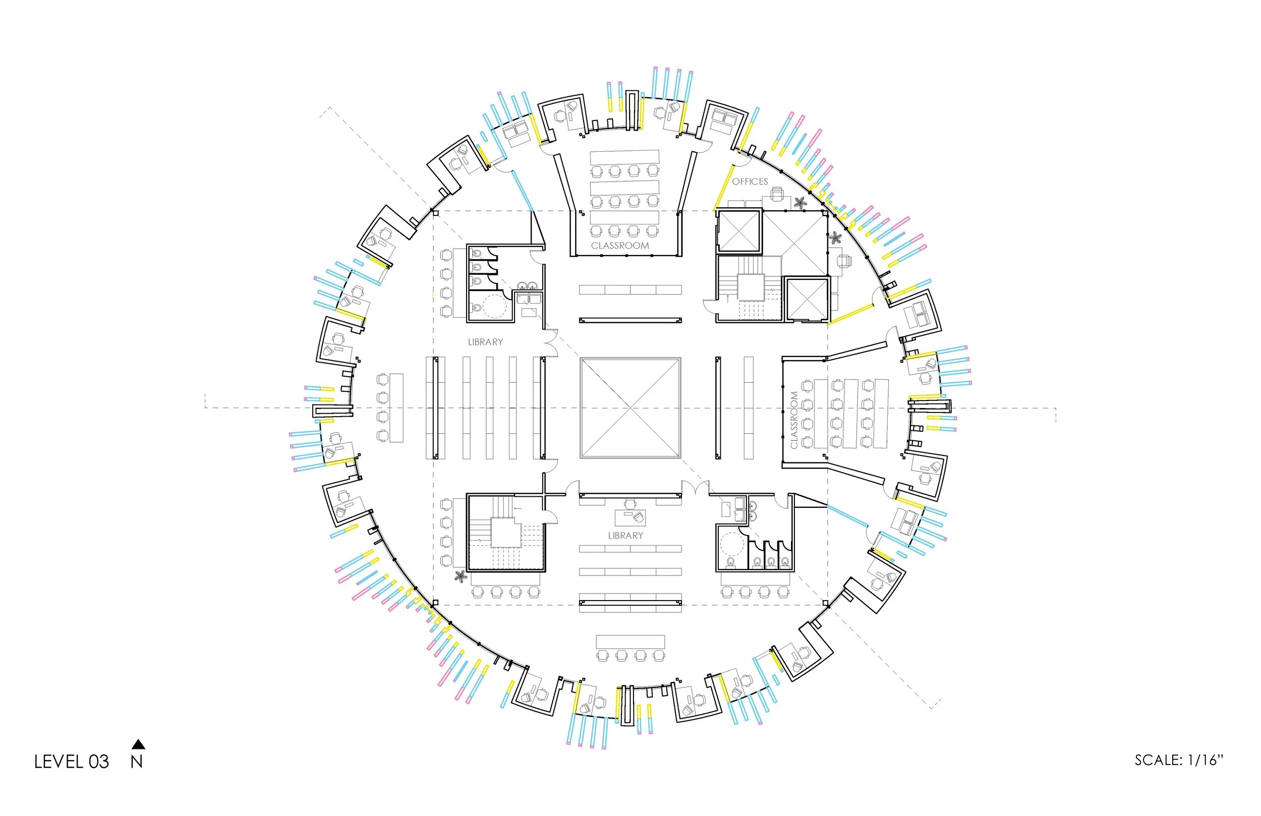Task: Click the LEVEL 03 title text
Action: click(72, 762)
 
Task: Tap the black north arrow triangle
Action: click(138, 744)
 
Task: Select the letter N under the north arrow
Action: click(137, 762)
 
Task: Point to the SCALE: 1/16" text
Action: click(1179, 760)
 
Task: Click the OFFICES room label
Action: click(750, 181)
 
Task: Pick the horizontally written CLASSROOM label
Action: click(620, 245)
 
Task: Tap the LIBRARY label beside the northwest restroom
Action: click(485, 342)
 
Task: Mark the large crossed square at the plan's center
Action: click(630, 407)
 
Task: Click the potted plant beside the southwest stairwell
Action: click(461, 576)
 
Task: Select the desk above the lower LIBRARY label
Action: click(630, 516)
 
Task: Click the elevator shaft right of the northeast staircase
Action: click(808, 299)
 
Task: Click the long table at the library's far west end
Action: click(396, 407)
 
